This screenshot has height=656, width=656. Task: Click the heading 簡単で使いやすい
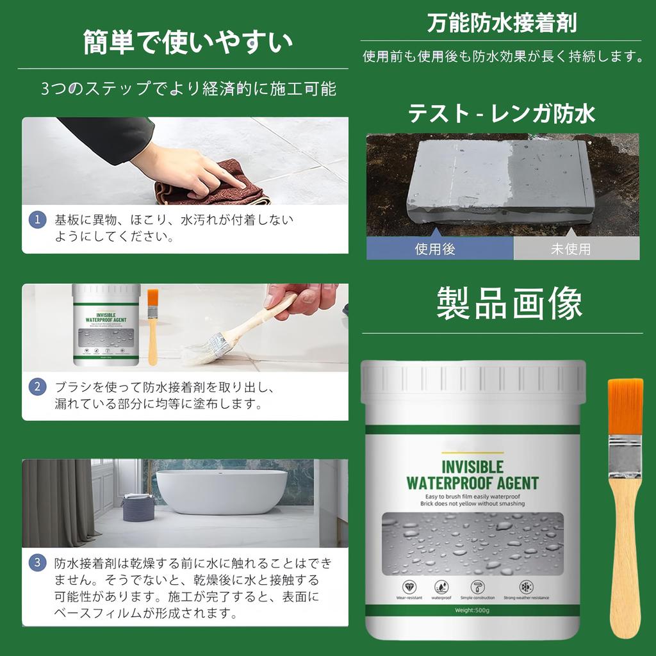tap(188, 42)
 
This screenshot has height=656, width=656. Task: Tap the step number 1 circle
tap(38, 220)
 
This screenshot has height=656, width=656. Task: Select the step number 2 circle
tap(38, 386)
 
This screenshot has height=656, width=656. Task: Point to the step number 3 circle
tap(38, 563)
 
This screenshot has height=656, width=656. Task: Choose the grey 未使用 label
tap(570, 249)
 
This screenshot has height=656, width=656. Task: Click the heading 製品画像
tap(509, 302)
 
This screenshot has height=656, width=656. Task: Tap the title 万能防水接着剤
tap(502, 23)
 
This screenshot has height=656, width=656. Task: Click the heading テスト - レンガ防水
tap(502, 114)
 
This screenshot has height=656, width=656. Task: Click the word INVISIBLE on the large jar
tap(473, 466)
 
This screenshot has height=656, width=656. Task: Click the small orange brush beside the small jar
tap(152, 327)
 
